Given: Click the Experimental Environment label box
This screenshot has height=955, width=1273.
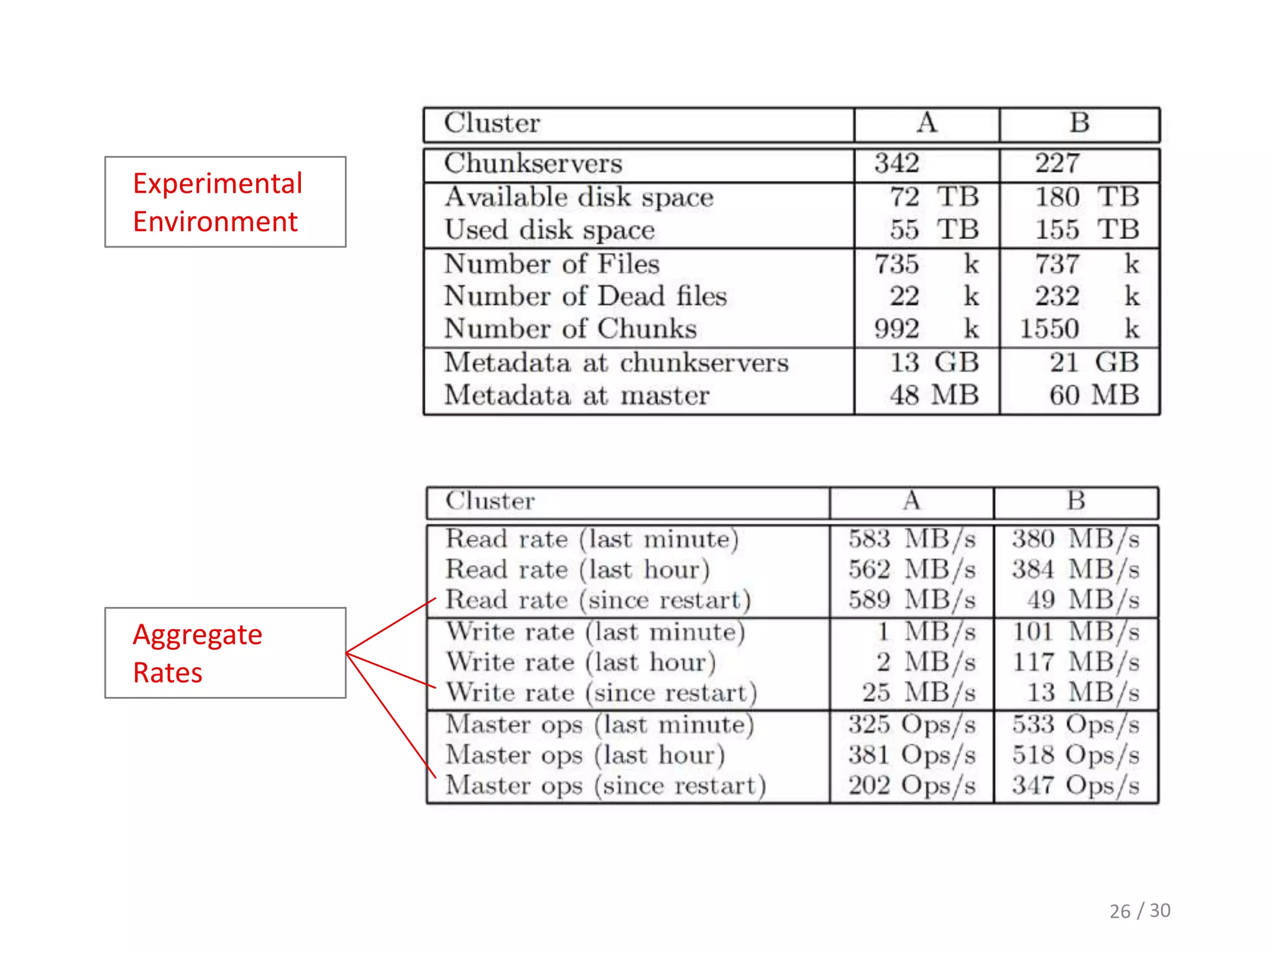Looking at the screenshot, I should pos(225,202).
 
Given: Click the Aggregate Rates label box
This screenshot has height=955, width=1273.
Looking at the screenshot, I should pos(225,653).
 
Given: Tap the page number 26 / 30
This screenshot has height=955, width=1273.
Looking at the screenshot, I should pos(1139,911).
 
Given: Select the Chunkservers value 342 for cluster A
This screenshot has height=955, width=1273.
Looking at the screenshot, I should pos(896,164).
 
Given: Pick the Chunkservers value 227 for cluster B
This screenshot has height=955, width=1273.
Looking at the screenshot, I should pos(1057,164).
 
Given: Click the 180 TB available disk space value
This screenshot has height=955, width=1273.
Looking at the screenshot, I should pos(1086,198).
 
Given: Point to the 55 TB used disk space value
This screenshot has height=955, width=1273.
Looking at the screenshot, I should pos(934,230).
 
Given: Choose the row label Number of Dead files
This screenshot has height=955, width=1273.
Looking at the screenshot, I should pos(585,296).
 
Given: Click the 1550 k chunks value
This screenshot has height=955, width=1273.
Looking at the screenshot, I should pos(1079,329).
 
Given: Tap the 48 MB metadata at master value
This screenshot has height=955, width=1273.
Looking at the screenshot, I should pos(934,395).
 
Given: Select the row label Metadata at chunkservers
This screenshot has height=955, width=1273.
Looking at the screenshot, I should pos(616,362).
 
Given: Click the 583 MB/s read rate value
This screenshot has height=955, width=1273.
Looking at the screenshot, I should pos(912,539).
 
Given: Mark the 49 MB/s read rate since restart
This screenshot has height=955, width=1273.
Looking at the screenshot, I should pos(1082,600).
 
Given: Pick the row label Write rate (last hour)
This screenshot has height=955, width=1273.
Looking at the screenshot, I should pos(581,662).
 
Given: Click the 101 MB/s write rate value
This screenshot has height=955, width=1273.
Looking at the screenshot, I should pos(1075,632).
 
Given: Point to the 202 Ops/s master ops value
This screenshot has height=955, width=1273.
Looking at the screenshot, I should pos(912,785).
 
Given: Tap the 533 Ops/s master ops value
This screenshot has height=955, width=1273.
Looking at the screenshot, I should pos(1075,724).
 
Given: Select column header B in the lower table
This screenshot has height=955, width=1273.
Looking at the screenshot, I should pos(1076,501).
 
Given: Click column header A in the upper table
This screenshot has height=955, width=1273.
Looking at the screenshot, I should pos(926,123).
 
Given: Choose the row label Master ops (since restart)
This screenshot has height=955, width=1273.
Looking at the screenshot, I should pos(605,785).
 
